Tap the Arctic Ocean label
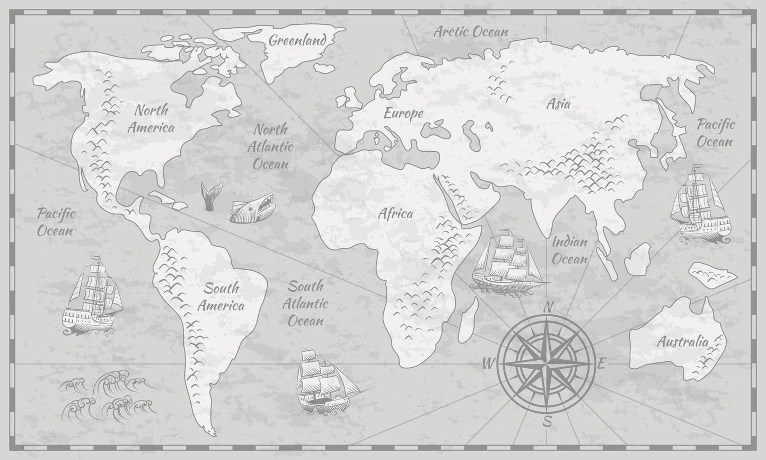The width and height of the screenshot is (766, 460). point(471,32)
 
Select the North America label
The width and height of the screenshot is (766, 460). point(151,118)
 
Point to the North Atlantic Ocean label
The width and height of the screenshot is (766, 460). point(270,146)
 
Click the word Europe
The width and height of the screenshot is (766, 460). point(403,113)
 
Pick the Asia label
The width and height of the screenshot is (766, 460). point(558,103)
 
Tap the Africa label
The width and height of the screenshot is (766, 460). point(395,214)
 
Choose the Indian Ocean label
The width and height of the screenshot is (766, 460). point(570,250)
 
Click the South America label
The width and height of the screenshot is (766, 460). point(221,297)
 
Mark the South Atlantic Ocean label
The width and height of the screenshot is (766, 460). point(305,303)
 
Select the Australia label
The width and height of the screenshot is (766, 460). point(682,342)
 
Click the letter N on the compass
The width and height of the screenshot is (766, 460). point(549,307)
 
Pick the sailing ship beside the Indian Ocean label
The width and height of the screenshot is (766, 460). point(506,262)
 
